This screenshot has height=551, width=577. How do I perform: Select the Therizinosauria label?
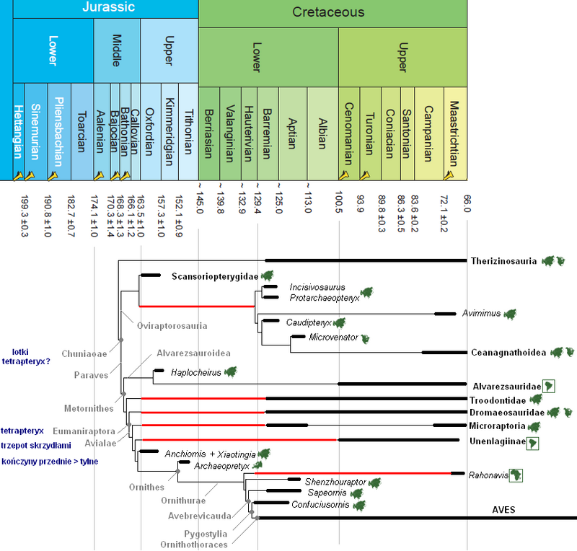pyautogui.click(x=503, y=260)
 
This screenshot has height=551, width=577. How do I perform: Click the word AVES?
pyautogui.click(x=504, y=511)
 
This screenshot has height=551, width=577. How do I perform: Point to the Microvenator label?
pyautogui.click(x=333, y=338)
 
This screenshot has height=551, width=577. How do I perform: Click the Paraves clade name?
pyautogui.click(x=91, y=375)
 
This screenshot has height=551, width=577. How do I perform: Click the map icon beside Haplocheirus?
pyautogui.click(x=231, y=372)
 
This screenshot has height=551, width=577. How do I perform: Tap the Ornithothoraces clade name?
pyautogui.click(x=195, y=545)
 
